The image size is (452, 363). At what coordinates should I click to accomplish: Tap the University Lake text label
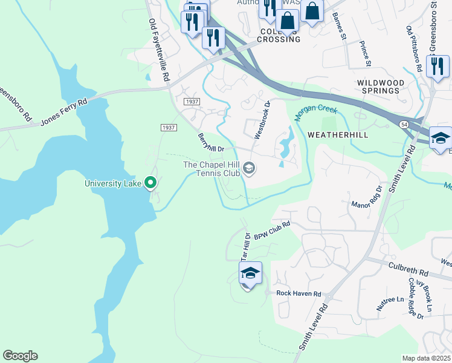112,183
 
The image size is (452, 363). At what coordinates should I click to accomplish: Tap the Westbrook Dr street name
262,120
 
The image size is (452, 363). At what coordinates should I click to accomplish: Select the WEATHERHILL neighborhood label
338,134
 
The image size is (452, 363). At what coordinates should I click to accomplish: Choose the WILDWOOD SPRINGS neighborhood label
378,87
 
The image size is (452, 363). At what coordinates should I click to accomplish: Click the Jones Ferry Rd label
64,112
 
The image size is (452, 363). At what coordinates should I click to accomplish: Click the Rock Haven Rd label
299,293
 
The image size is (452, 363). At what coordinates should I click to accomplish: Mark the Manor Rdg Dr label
367,197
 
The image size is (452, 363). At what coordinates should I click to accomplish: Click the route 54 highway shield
403,123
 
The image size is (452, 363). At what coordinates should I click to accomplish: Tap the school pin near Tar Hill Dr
250,274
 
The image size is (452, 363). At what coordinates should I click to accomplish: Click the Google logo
20,356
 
